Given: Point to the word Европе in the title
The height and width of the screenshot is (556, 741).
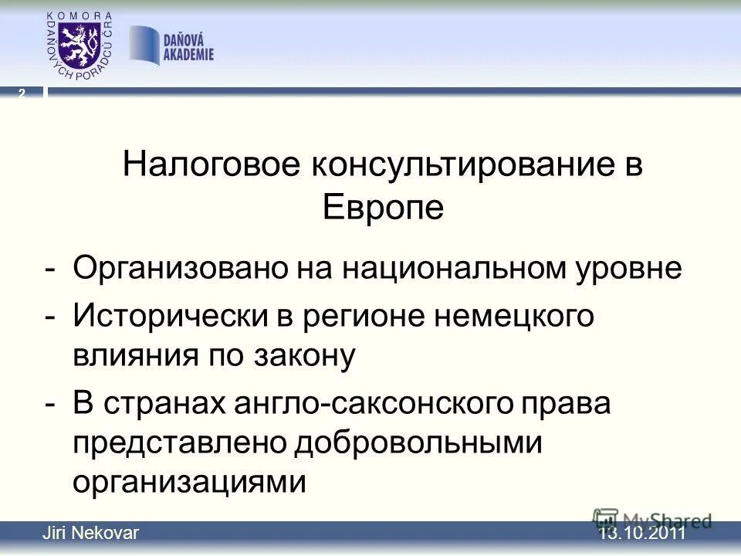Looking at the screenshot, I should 383,206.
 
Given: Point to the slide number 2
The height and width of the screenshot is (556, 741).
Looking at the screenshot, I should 22,93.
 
